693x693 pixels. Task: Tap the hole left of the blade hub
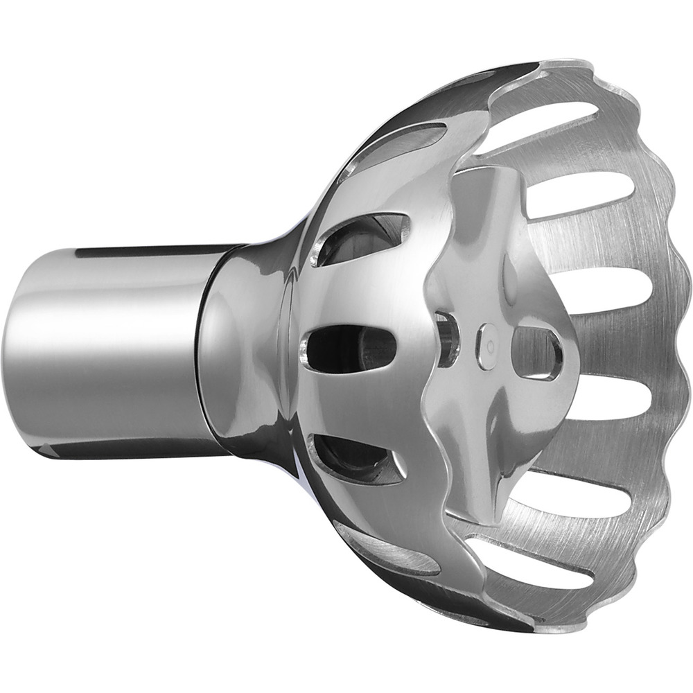pyautogui.click(x=447, y=340)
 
